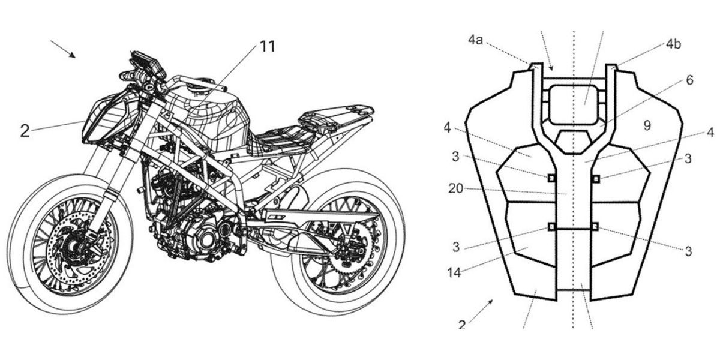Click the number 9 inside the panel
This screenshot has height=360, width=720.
point(647,125)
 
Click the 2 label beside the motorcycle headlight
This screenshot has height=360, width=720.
point(25,130)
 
